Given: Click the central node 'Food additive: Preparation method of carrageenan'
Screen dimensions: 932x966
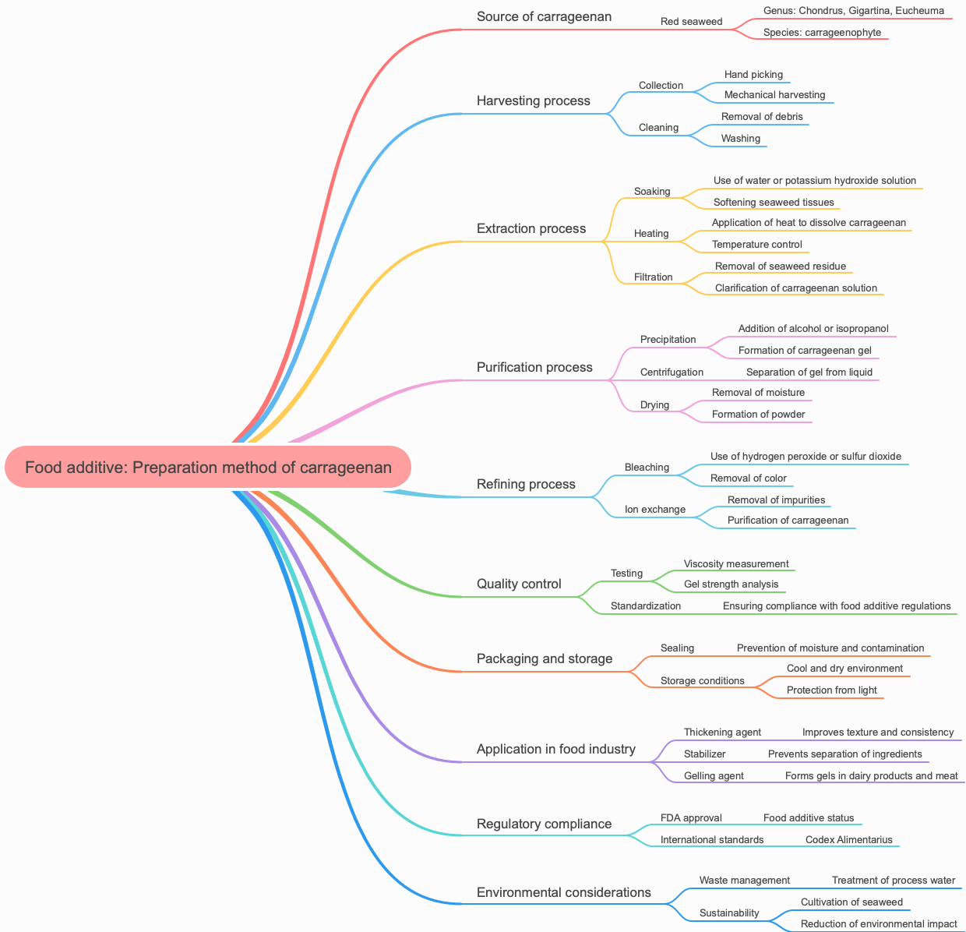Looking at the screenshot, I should pos(208,468).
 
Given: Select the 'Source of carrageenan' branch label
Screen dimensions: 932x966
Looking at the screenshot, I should pos(544,16).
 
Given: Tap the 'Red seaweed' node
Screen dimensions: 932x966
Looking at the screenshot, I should pos(691,22).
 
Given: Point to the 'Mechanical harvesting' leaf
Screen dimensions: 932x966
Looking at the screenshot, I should pos(774,95).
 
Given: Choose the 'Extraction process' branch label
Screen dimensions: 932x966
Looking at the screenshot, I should pos(531,228).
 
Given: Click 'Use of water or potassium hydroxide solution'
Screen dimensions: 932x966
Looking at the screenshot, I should pos(814,181).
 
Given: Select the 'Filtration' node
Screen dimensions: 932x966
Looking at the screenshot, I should pos(653,277).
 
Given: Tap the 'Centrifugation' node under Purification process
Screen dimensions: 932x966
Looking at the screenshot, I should pos(672,372).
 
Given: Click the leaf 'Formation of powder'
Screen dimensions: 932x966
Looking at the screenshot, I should pos(758,415).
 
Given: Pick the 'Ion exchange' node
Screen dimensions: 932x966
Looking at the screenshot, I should pos(654,510).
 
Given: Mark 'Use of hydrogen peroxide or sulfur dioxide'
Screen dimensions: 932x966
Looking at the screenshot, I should pos(806,457).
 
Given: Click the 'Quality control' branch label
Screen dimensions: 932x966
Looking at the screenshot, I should pos(518,584).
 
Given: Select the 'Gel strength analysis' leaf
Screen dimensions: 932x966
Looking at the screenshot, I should pos(731,584).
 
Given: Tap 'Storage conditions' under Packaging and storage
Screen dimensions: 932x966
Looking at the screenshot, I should pos(702,681).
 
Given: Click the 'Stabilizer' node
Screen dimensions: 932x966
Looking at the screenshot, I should pos(704,754).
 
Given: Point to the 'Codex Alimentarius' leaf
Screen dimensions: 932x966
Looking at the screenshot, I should pos(849,840).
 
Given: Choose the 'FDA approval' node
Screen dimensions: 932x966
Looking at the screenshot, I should pos(690,818).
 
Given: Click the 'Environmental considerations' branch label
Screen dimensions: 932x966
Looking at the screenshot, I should pos(563,892).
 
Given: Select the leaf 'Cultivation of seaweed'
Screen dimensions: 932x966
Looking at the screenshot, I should pos(851,902).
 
